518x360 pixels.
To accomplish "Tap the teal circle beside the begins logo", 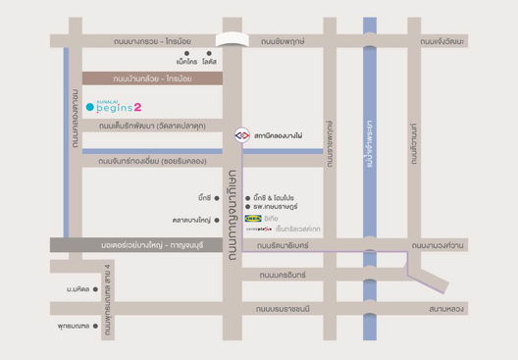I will pyautogui.click(x=90, y=106).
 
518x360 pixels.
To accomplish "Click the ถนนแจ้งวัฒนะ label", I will pyautogui.click(x=441, y=41).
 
